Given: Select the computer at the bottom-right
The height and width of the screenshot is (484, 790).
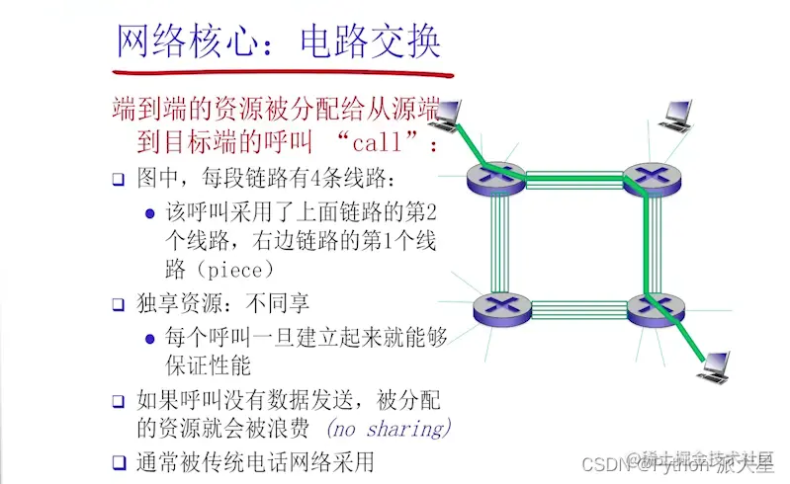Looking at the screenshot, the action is pyautogui.click(x=717, y=366).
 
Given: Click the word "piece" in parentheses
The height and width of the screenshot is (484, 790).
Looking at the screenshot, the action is pyautogui.click(x=230, y=270).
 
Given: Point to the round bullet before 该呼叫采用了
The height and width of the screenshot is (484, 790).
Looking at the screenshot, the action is pyautogui.click(x=150, y=212).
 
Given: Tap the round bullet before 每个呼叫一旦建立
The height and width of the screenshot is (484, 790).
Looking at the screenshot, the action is pyautogui.click(x=150, y=338).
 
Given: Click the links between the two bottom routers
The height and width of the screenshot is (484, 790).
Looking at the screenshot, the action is pyautogui.click(x=573, y=309).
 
